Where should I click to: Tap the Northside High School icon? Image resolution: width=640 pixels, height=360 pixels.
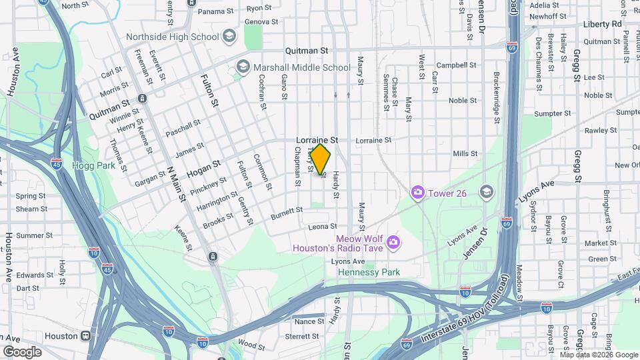(x=230, y=35)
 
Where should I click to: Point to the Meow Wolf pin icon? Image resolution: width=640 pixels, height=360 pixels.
(x=393, y=241)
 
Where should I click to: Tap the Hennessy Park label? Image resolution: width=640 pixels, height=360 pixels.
(x=369, y=272)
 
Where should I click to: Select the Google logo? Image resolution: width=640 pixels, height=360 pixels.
(x=22, y=351)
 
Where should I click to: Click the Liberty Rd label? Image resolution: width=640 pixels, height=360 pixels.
(x=602, y=24)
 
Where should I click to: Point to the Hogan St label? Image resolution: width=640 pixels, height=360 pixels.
(x=203, y=165)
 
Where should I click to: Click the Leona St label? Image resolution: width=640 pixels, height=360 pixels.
(x=323, y=227)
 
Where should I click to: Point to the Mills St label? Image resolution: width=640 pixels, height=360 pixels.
(x=465, y=154)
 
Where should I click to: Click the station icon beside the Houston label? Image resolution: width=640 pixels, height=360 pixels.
(x=86, y=336)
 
